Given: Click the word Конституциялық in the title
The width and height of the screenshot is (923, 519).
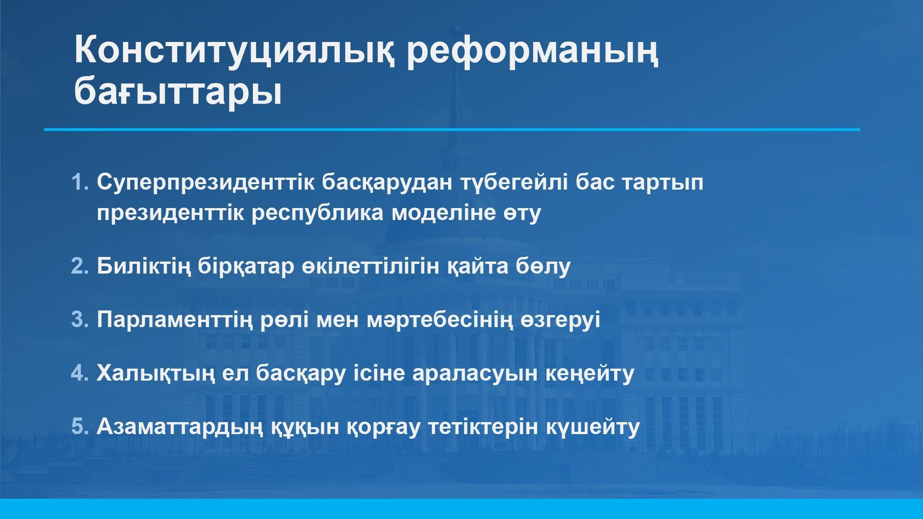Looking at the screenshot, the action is pos(234,52).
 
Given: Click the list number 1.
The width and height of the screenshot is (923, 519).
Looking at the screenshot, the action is pos(80,182).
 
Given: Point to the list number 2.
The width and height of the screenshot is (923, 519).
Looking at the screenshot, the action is pos(80,266).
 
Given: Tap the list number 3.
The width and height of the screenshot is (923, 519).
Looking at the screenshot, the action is pos(80,320).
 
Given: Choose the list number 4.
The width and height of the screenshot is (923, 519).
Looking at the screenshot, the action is pos(80,373).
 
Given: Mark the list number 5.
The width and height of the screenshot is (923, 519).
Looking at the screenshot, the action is pos(80,427).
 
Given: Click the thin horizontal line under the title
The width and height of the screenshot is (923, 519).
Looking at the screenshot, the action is pos(452,130).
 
